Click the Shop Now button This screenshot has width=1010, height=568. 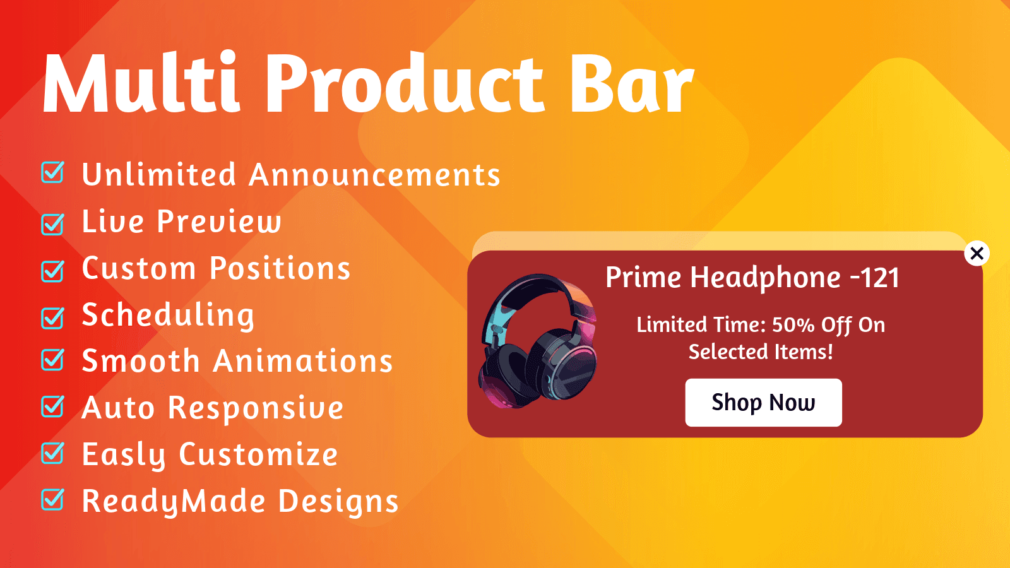click(763, 403)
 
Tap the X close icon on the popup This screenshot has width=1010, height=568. click(977, 254)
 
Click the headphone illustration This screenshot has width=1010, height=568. click(538, 341)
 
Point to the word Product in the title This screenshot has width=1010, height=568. click(405, 84)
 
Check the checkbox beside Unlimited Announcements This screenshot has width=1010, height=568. click(52, 173)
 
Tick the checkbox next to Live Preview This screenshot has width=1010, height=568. click(52, 223)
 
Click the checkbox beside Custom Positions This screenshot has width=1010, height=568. click(52, 270)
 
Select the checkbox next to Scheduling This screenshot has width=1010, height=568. click(52, 317)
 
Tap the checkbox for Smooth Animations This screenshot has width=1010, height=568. click(52, 360)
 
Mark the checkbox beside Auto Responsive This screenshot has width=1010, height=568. click(52, 406)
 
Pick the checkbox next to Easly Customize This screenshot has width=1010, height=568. click(52, 453)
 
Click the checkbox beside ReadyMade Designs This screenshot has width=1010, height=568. click(52, 500)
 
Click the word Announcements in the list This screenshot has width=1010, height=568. click(374, 175)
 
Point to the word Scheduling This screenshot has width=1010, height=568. click(168, 315)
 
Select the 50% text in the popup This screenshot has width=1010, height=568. click(793, 325)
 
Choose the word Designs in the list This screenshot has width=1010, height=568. click(338, 502)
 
